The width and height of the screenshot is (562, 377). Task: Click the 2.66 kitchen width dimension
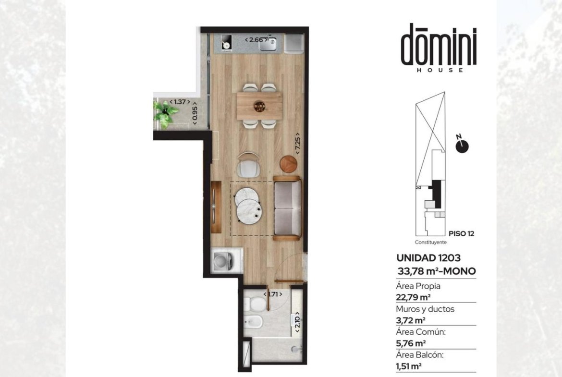click(x=256, y=40)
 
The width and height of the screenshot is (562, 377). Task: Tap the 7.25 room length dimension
click(x=297, y=144)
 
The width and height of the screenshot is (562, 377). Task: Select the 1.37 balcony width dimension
click(x=180, y=102)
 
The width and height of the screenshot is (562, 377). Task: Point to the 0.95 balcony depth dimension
click(x=195, y=114)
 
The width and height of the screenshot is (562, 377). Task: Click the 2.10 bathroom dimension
click(x=297, y=322)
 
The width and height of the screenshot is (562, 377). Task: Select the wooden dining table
click(x=259, y=106)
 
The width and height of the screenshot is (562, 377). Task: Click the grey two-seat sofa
click(x=287, y=208)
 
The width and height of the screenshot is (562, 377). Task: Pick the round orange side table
click(x=289, y=164)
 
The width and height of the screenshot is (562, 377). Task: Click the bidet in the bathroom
click(x=254, y=322)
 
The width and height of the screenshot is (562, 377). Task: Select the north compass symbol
click(x=462, y=145)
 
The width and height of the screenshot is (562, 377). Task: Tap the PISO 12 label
click(x=461, y=234)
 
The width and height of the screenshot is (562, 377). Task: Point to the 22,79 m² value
click(x=413, y=297)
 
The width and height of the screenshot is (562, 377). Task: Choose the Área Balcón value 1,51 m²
click(x=409, y=366)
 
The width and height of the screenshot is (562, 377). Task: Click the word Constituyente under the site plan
click(x=431, y=242)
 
